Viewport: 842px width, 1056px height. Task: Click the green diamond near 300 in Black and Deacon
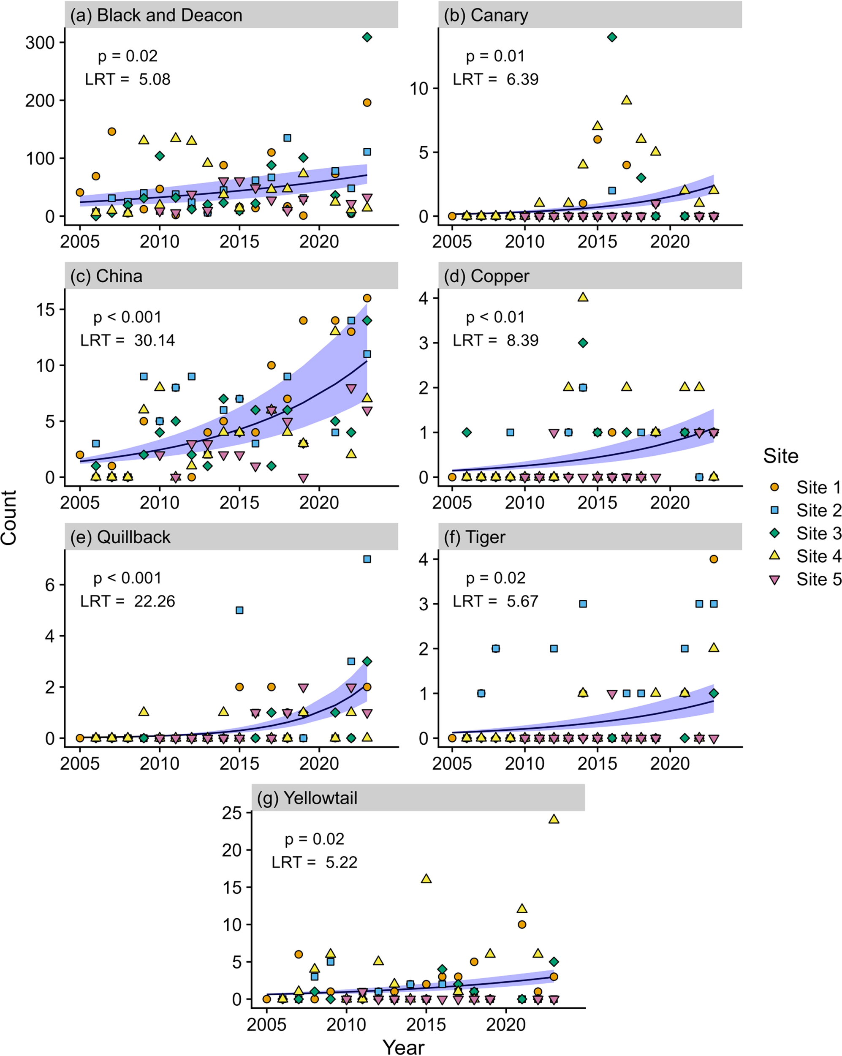tap(367, 37)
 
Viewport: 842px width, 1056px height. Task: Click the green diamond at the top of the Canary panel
tap(611, 37)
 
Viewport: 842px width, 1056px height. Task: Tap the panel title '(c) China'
tap(106, 276)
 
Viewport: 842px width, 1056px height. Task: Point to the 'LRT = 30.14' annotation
tap(127, 340)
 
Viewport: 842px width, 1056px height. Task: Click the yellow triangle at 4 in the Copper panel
tap(583, 297)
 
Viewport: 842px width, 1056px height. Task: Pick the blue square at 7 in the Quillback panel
tap(367, 559)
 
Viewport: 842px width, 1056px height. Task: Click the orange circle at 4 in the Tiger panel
tap(713, 559)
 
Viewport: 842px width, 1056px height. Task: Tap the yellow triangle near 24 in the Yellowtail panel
tap(554, 819)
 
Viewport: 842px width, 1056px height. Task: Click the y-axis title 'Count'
tap(9, 518)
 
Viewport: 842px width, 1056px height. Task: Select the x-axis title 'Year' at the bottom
tap(403, 1047)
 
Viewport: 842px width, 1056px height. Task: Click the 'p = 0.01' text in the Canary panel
tap(495, 56)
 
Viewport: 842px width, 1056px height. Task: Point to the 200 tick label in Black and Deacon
tap(40, 101)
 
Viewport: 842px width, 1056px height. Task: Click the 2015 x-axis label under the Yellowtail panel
tap(426, 1024)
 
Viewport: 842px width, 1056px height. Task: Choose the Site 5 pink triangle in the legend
tap(775, 580)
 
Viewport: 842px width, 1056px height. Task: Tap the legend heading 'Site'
tap(780, 456)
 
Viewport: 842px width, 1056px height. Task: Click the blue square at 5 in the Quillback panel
tap(239, 610)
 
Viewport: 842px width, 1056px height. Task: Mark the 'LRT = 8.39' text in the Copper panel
tap(495, 340)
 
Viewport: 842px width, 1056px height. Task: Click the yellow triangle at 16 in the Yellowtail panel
tap(426, 879)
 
